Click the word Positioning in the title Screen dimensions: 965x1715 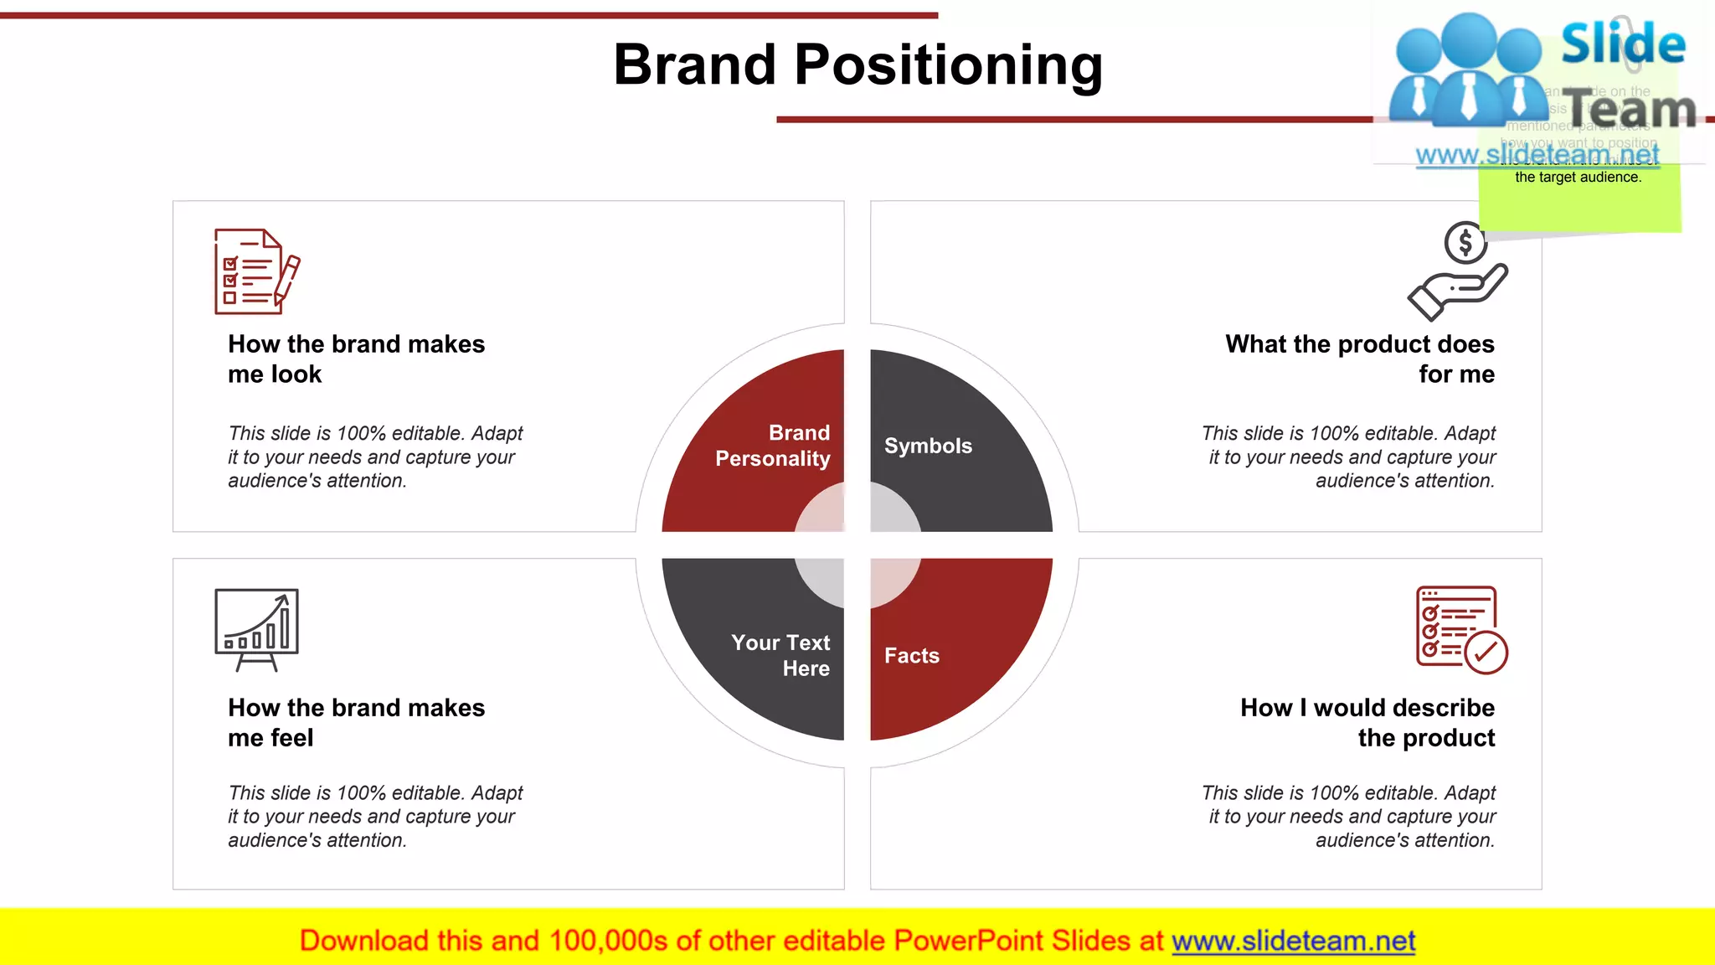coord(948,65)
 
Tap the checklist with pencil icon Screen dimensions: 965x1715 coord(256,271)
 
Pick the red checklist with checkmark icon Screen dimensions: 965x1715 coord(1460,630)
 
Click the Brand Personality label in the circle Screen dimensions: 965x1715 coord(773,446)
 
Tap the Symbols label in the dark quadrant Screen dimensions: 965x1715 coord(928,446)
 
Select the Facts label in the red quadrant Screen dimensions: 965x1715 coord(911,656)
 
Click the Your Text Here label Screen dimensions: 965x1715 coord(781,655)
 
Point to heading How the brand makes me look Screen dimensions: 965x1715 coord(356,359)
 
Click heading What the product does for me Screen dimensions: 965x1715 coord(1360,359)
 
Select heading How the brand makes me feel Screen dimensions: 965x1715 coord(356,722)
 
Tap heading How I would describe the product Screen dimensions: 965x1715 coord(1367,722)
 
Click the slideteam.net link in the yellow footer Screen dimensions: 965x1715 coord(1293,942)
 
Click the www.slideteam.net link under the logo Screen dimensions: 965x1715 coord(1537,155)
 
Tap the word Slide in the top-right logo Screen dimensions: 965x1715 coord(1623,44)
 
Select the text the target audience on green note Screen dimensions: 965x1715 coord(1578,178)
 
